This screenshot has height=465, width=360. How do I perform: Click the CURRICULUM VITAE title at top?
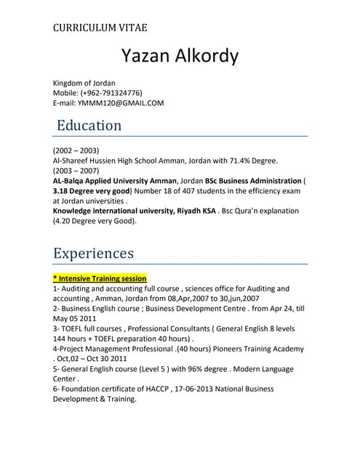[100, 28]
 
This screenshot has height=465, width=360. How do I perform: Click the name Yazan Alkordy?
[180, 57]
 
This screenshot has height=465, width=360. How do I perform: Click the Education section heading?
[89, 126]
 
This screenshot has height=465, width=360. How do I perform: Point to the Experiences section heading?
[94, 253]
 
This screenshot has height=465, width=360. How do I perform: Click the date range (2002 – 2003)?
[76, 150]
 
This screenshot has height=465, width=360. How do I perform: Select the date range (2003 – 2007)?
[76, 170]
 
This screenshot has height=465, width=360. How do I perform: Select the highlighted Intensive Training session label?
[100, 278]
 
